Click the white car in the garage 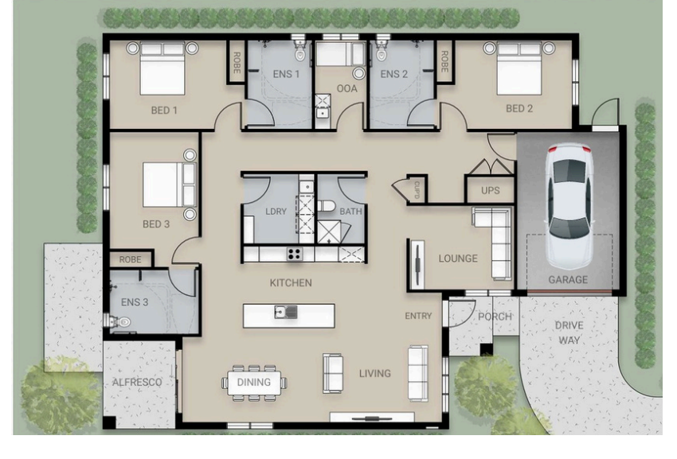click(569, 206)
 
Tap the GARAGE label click(568, 279)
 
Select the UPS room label click(491, 190)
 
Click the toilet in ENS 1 click(300, 51)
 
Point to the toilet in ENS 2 click(382, 51)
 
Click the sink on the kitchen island click(286, 312)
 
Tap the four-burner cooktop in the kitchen click(295, 254)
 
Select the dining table click(254, 383)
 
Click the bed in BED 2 click(519, 68)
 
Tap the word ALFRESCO click(137, 382)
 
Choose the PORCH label click(495, 317)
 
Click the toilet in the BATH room click(327, 206)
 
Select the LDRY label click(276, 212)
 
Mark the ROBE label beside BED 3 click(130, 259)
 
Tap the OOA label click(346, 88)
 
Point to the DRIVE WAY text click(569, 333)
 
